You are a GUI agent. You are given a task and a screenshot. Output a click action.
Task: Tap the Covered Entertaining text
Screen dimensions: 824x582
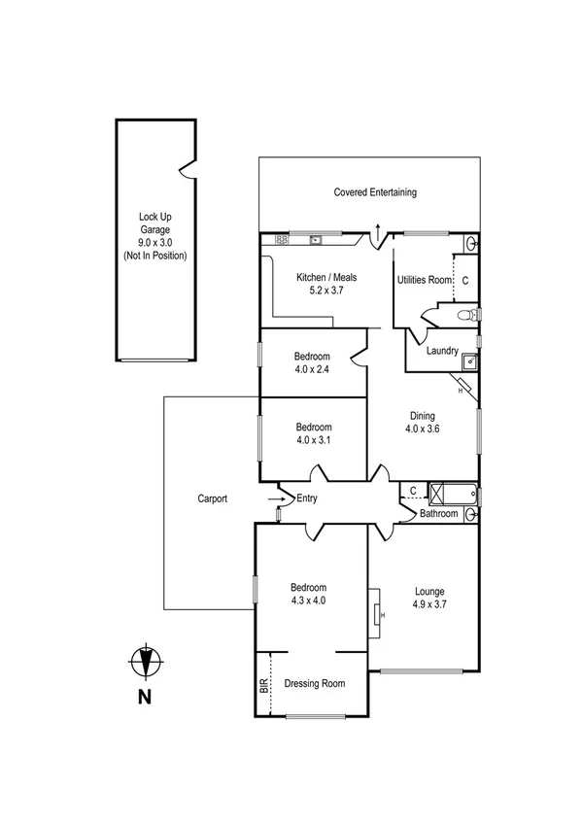point(375,192)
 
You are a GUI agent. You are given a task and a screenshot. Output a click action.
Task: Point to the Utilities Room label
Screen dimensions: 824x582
point(425,280)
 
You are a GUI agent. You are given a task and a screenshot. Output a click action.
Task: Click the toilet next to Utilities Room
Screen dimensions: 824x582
point(467,315)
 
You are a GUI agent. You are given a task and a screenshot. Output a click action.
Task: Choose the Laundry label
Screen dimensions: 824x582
point(442,351)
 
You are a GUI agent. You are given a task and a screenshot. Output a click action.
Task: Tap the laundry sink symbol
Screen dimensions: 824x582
point(469,361)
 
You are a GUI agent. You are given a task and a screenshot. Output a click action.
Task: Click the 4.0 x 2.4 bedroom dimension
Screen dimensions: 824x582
point(314,369)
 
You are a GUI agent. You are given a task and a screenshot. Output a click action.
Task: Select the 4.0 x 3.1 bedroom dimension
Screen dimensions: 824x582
point(314,440)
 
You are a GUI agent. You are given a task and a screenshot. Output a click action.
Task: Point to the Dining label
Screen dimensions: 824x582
point(422,415)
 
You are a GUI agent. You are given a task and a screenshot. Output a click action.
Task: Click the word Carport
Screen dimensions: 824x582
point(211,498)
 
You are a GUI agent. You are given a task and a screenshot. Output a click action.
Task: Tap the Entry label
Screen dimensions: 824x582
point(307,498)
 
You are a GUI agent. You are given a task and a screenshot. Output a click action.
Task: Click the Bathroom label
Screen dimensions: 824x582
point(438,514)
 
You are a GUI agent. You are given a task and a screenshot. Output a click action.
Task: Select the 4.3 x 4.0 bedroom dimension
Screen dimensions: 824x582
point(308,601)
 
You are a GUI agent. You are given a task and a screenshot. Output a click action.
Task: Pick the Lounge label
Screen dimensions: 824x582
point(428,590)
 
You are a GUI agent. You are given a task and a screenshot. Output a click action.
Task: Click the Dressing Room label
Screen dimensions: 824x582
point(315,683)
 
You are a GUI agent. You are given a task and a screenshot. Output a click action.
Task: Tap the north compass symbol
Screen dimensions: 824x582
point(145,662)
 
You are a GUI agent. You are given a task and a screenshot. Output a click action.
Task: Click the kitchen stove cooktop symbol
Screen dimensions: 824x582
point(281,238)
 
